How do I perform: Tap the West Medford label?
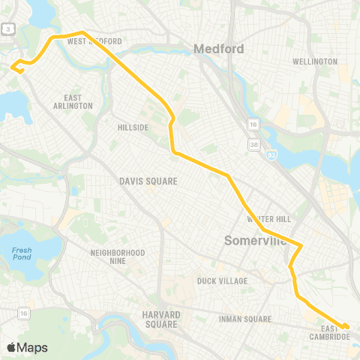(x=94, y=42)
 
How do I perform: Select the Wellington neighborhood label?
(x=314, y=61)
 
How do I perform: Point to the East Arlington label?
(x=78, y=102)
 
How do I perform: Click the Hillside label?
(x=133, y=127)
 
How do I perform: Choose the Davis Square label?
(x=148, y=181)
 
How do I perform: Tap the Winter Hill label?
(x=268, y=219)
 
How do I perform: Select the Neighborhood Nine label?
(x=117, y=257)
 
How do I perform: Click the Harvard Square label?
(x=160, y=319)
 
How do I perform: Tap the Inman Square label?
(x=244, y=319)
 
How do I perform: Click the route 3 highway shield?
(x=7, y=28)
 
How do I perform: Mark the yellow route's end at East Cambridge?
(x=346, y=326)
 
